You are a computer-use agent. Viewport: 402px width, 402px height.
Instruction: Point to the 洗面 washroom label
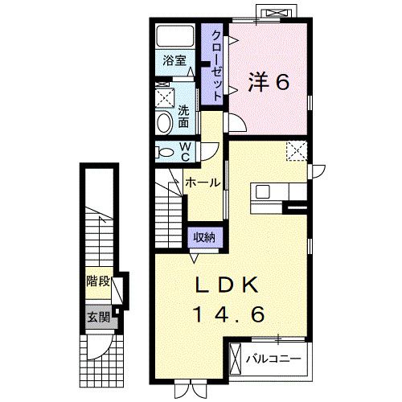(183, 117)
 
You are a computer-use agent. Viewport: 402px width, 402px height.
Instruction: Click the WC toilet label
(184, 150)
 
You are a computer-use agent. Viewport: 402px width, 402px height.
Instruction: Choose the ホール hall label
(202, 183)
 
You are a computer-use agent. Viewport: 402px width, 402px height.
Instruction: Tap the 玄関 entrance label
(98, 315)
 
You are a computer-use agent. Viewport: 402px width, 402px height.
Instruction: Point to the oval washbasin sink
(164, 123)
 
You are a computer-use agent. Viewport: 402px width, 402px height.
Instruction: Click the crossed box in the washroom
(163, 97)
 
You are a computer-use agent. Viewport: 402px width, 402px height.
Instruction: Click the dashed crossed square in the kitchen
(296, 150)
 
